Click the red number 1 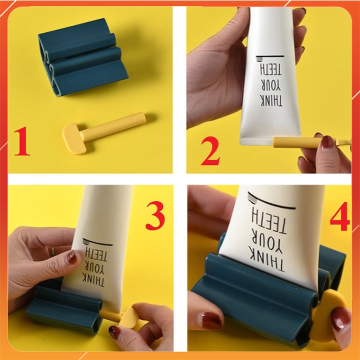22,141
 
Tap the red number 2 210,151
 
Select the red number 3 155,215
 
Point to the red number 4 340,216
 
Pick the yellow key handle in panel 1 104,132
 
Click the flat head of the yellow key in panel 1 74,138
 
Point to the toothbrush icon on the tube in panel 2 270,58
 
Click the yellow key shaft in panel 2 296,142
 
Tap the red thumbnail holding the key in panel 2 327,142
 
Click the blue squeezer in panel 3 64,307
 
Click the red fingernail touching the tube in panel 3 72,257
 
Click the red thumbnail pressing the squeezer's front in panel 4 210,320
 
